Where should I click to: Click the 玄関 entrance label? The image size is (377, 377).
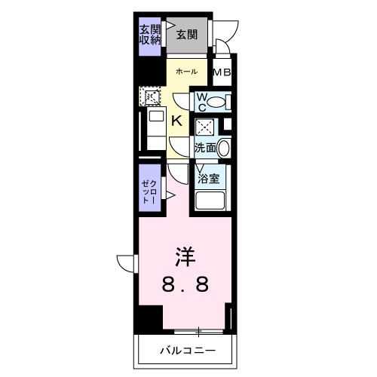[187, 33]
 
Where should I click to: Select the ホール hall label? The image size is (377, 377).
[186, 72]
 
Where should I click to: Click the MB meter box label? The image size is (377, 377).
[222, 73]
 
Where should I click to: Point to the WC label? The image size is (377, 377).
[203, 101]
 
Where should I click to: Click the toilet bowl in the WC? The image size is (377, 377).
[216, 102]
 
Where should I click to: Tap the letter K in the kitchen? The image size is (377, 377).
[176, 121]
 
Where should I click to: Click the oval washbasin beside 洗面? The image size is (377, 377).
[225, 148]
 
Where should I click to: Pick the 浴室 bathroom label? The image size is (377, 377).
[208, 179]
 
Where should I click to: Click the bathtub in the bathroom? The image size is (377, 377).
[211, 202]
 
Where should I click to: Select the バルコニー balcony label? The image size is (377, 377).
[188, 350]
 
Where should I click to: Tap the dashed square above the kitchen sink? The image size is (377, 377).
[152, 97]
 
